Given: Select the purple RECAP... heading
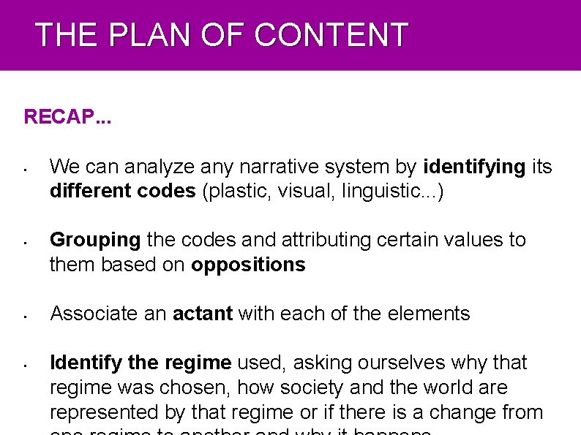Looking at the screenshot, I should pos(67,117).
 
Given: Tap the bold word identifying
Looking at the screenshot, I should pos(474,167).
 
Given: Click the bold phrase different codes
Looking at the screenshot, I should pos(122,191).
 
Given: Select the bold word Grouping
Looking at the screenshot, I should pos(95,240).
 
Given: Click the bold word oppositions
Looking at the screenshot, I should pos(248,264).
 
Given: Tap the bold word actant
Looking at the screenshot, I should pos(202,314).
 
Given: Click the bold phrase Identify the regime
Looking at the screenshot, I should pos(140,363).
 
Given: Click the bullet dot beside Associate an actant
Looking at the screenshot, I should pos(25,317).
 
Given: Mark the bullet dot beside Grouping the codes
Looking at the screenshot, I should pos(25,243).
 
